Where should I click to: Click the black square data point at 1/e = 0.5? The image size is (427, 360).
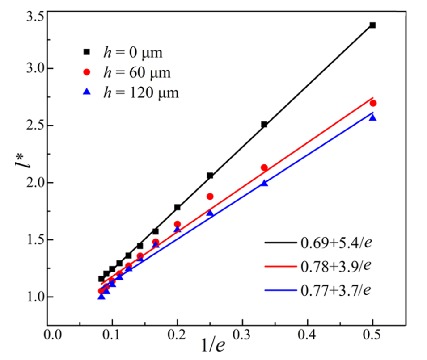372,25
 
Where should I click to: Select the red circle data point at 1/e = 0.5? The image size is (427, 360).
373,103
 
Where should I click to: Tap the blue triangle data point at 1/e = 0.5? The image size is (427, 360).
372,117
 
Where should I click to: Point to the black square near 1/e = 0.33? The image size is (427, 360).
264,124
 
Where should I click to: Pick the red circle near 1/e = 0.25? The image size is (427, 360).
210,196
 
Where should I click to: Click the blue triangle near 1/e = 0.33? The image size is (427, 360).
264,183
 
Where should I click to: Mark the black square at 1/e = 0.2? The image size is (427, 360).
177,207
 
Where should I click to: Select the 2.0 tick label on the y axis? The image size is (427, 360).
32,183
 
